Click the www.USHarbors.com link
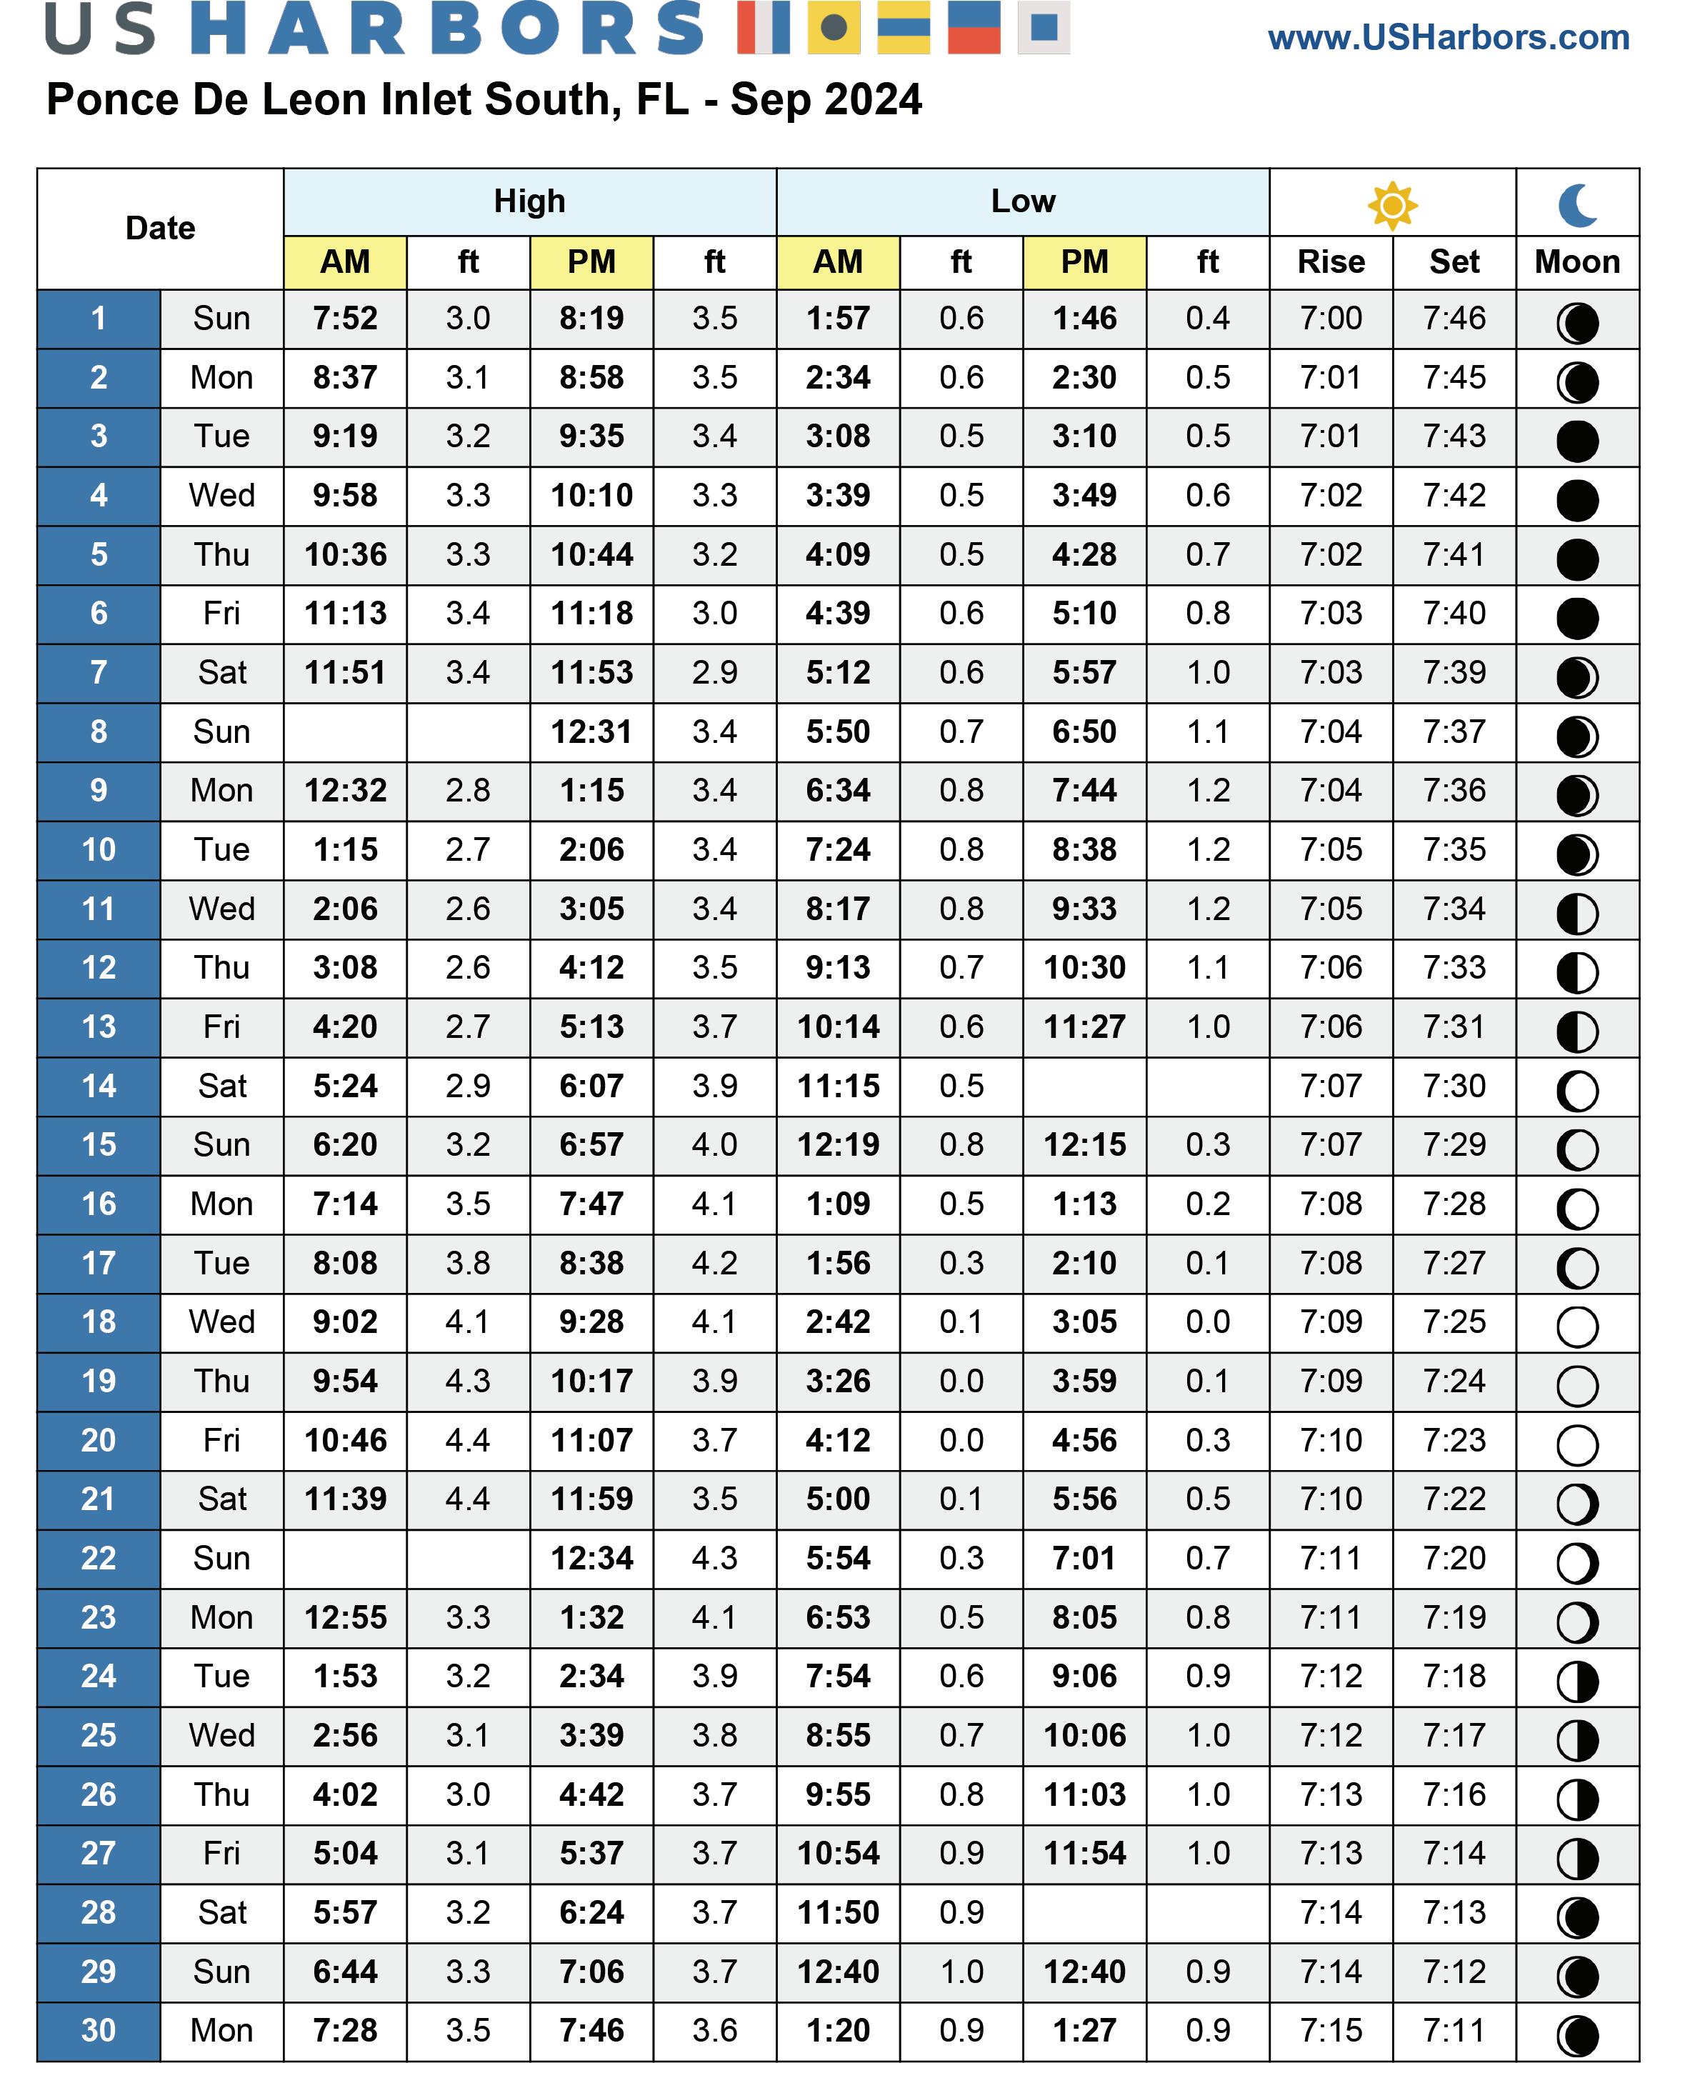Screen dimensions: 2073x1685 tap(1448, 38)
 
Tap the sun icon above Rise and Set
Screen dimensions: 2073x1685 tap(1392, 205)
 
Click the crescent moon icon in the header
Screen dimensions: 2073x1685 tap(1577, 205)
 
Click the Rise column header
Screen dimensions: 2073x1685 tap(1331, 262)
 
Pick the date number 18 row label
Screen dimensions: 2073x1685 tap(98, 1322)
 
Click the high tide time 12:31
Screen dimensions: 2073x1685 tap(591, 731)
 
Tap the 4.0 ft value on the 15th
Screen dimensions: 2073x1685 tap(714, 1144)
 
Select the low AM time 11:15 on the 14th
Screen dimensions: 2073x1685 tap(838, 1086)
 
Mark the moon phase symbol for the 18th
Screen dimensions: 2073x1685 tap(1577, 1326)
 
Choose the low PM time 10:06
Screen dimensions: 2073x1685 tap(1084, 1735)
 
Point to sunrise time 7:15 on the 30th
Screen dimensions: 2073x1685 tap(1331, 2029)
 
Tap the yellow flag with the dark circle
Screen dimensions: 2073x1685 tap(833, 27)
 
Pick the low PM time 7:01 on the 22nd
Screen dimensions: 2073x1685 tap(1084, 1558)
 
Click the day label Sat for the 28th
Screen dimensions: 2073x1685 tap(221, 1912)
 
